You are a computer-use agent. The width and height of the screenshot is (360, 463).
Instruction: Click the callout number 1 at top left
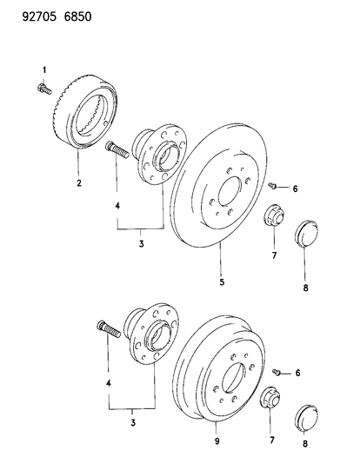(44, 70)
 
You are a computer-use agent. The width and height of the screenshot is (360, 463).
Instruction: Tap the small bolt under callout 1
(44, 89)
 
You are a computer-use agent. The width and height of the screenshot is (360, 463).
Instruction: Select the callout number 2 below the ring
(79, 183)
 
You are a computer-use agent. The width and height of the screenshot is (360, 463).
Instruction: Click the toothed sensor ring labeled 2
(86, 111)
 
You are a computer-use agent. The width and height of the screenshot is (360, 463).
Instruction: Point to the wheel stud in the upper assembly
(117, 150)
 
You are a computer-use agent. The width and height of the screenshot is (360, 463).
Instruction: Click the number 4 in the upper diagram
(117, 206)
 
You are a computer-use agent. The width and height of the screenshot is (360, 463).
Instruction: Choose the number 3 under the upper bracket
(141, 244)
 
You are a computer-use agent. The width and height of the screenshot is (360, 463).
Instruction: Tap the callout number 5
(222, 281)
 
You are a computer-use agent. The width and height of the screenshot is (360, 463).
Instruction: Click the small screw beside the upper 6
(272, 186)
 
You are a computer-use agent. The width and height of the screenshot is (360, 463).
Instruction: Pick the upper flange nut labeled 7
(273, 215)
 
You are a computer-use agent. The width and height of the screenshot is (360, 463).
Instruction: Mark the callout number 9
(217, 441)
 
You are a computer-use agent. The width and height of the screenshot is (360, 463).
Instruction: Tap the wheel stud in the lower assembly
(109, 329)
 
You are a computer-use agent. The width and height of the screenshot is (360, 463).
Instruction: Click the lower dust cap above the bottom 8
(306, 418)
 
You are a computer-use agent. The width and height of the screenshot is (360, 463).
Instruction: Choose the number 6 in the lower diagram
(297, 373)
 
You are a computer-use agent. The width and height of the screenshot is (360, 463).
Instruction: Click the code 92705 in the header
(39, 17)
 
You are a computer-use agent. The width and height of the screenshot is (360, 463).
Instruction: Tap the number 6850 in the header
(77, 17)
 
